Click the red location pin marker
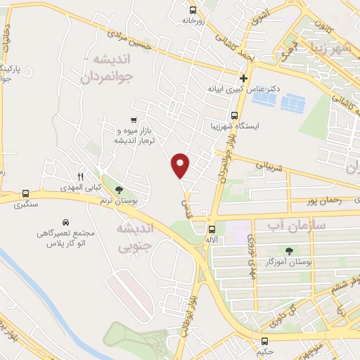coord(180,165)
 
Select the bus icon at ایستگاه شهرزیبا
coord(235,115)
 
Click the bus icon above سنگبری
coord(26,193)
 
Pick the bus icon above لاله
coord(212,229)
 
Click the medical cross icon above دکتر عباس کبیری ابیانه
coord(243,78)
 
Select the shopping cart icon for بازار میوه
coord(134,121)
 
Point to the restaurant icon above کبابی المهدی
coord(80,176)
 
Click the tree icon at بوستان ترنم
coord(119,189)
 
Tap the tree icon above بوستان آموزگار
coord(289,250)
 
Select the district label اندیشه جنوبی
coord(133,238)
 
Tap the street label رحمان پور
coord(323,201)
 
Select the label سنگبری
coord(25,205)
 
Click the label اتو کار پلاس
coord(65,243)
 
